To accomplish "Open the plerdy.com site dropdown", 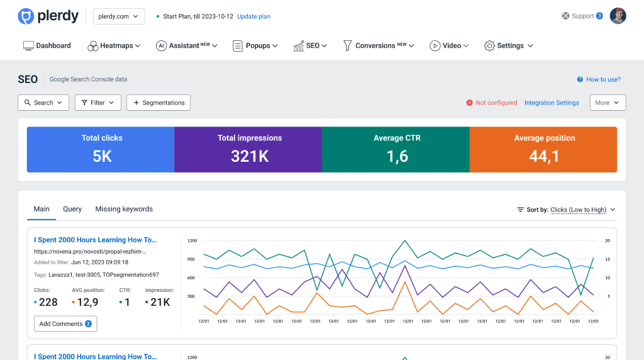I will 119,16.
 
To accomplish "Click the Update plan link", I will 253,16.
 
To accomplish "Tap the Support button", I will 582,16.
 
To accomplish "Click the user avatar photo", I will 618,16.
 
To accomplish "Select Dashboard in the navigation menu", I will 47,46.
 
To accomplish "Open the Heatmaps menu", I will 114,46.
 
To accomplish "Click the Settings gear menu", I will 508,46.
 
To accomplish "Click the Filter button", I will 97,103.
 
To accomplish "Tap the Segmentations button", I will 158,103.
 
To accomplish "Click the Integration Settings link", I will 552,103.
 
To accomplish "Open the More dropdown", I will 608,103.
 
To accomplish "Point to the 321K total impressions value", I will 250,156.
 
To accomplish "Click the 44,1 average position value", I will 544,156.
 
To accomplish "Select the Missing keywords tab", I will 124,209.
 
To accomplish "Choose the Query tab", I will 72,209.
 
